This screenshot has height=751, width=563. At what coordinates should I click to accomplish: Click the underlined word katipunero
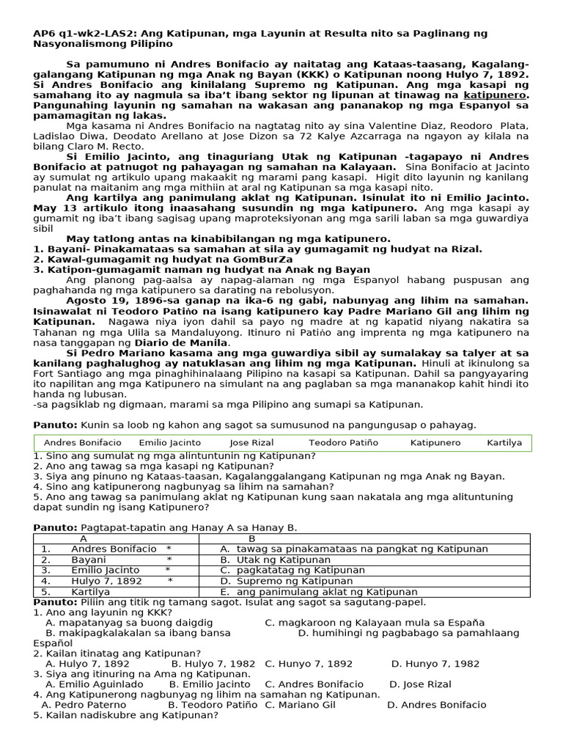click(496, 95)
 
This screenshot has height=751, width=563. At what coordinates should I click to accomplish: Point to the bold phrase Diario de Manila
click(188, 342)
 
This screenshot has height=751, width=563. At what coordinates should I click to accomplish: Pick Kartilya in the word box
click(504, 443)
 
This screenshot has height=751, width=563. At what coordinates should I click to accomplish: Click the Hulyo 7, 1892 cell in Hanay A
click(106, 581)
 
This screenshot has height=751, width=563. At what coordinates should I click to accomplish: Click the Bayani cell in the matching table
click(89, 560)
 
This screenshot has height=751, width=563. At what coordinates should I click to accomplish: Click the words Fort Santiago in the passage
click(67, 373)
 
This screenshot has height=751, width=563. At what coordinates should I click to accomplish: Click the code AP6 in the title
click(44, 34)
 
